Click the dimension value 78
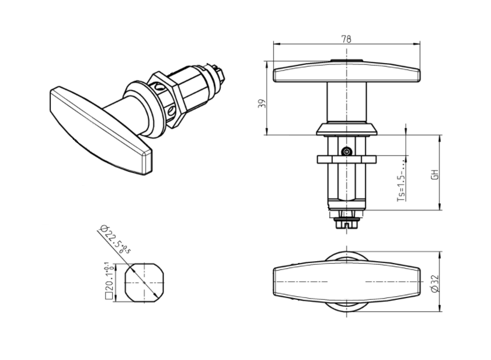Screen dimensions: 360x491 (x=346, y=39)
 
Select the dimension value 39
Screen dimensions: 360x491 (x=262, y=103)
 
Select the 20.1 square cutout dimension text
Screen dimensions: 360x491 (x=107, y=281)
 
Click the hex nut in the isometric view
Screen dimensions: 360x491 (x=166, y=98)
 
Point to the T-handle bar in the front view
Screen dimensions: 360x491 (x=347, y=73)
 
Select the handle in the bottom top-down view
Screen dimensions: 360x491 (x=347, y=285)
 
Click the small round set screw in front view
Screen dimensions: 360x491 (x=347, y=151)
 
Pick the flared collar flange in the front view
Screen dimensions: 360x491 (x=347, y=129)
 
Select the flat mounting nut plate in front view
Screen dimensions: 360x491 (x=347, y=159)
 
